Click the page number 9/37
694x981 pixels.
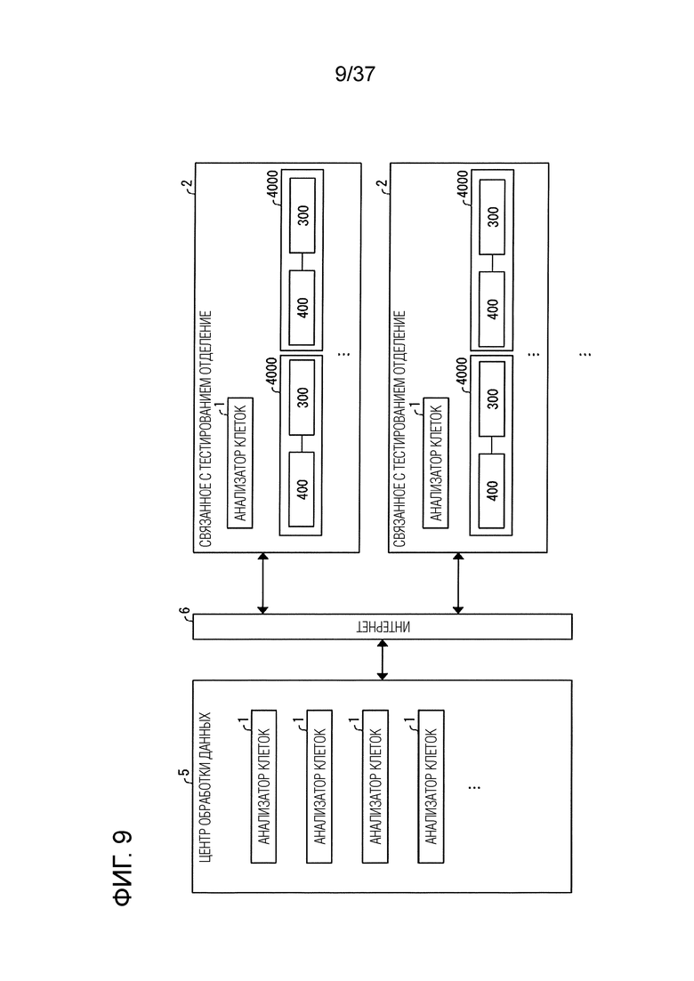coord(355,74)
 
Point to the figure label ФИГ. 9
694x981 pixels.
coord(123,868)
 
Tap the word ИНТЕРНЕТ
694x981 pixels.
coord(383,627)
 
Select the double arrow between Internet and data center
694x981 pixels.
coord(383,659)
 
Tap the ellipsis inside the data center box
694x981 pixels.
coord(473,786)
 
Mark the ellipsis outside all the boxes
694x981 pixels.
coord(585,354)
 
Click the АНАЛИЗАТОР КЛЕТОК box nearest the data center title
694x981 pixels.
coord(263,786)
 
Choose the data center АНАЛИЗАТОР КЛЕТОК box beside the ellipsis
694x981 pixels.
coord(431,786)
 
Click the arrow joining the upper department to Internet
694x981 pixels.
coord(262,583)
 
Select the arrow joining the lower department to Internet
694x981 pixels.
coord(458,583)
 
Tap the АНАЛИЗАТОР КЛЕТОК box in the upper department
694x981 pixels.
coord(240,463)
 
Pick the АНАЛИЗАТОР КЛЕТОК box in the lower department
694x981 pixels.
coord(436,463)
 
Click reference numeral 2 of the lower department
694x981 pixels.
coord(382,185)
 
